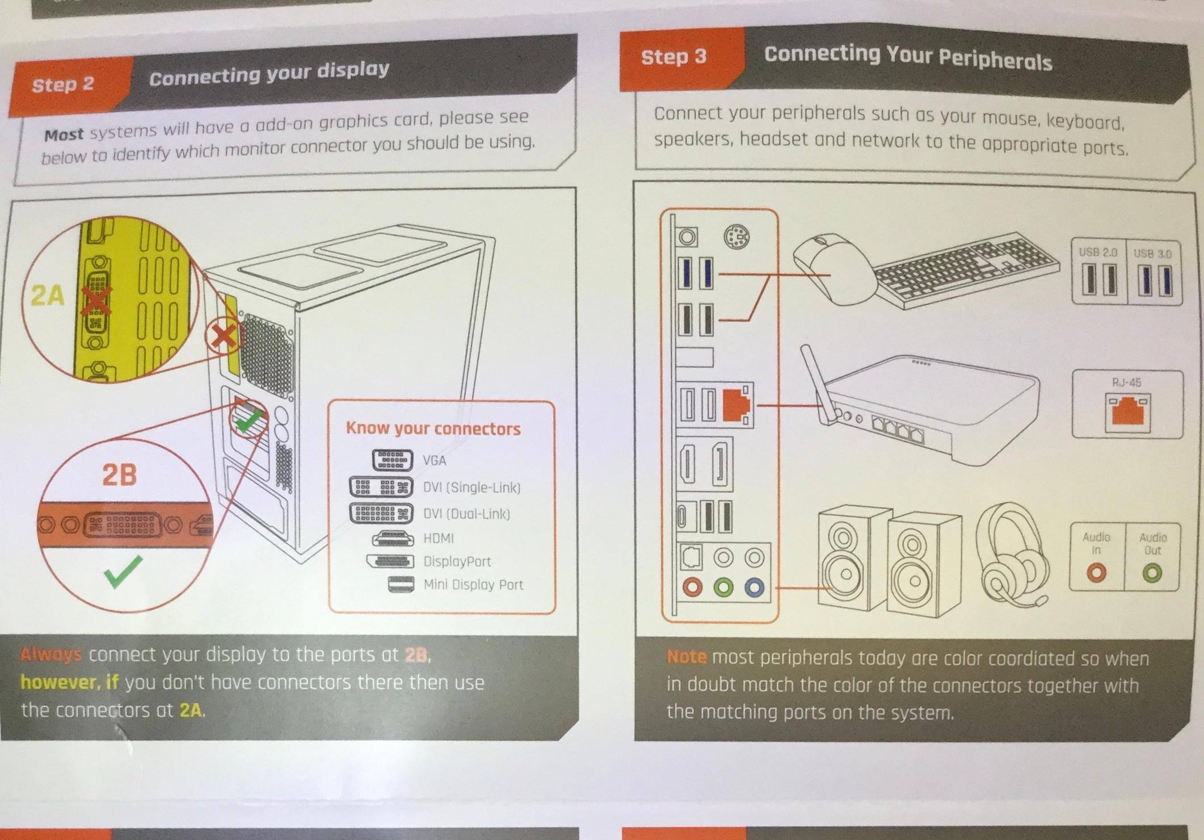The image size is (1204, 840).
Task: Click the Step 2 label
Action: [x=63, y=85]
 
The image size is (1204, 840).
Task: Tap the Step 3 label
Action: [x=673, y=56]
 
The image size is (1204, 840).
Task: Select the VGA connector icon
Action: [x=392, y=459]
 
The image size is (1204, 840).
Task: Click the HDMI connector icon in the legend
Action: [x=393, y=537]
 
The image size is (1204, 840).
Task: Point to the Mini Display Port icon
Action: [x=401, y=584]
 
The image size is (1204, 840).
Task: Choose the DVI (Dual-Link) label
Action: [x=466, y=514]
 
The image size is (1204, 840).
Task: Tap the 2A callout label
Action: [x=47, y=295]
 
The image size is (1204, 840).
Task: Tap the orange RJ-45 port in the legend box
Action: [x=1127, y=412]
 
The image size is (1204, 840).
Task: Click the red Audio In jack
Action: [x=1096, y=573]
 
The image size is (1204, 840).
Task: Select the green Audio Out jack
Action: [x=1152, y=573]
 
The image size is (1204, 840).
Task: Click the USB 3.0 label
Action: [x=1152, y=253]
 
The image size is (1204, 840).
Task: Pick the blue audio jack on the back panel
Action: [x=753, y=587]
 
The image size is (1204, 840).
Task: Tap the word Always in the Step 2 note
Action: [x=51, y=655]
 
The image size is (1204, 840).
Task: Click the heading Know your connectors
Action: [x=433, y=429]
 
